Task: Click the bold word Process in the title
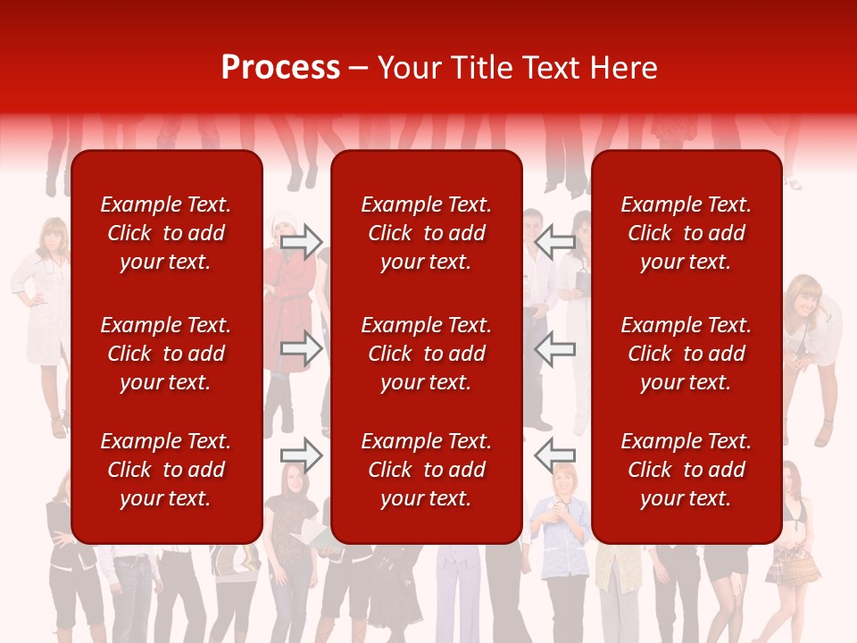(x=280, y=68)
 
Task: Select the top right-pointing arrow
(x=301, y=243)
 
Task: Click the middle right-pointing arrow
(x=301, y=349)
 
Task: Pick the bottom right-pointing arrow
(x=301, y=455)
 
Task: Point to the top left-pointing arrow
(x=554, y=243)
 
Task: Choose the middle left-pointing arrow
(x=554, y=349)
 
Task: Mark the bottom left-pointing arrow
(x=554, y=455)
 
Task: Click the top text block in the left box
(x=166, y=233)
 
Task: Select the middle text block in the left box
(x=166, y=354)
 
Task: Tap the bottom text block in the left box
(x=166, y=470)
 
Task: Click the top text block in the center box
(x=427, y=233)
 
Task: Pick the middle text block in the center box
(x=427, y=354)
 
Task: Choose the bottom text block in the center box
(x=427, y=470)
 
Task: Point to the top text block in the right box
(x=686, y=233)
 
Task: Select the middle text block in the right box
(x=686, y=354)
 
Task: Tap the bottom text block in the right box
(x=686, y=470)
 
